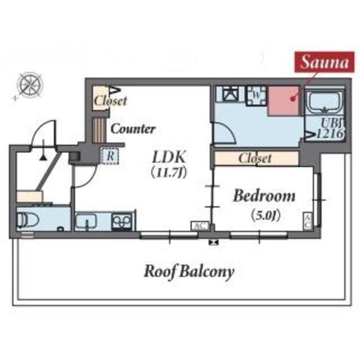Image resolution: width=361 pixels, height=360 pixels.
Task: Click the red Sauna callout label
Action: [x=324, y=62]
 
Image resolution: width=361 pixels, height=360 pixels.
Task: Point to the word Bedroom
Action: [x=265, y=196]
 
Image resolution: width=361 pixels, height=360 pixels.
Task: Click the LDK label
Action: [x=170, y=157]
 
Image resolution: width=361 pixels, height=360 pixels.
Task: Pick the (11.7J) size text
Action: [x=169, y=172]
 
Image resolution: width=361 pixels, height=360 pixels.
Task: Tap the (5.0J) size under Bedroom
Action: [x=265, y=215]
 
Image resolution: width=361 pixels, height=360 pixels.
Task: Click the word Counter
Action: [x=133, y=129]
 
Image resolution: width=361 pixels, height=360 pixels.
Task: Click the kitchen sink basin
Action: [x=87, y=221]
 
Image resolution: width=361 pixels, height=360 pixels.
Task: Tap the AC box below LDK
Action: [x=199, y=226]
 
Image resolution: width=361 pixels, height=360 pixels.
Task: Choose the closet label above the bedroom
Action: [x=255, y=158]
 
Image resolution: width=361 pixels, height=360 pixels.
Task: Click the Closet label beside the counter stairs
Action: [x=110, y=101]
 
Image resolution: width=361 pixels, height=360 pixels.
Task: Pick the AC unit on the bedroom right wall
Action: [x=308, y=220]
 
